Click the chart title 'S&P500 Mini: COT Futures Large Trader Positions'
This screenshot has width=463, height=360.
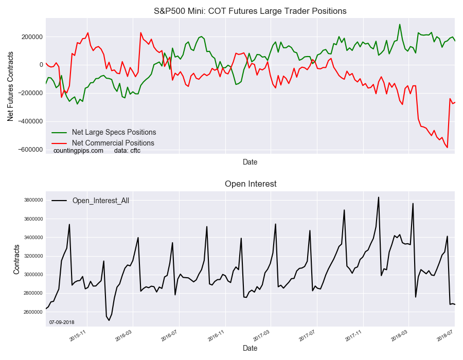point(250,11)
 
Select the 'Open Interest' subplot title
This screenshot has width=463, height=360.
point(250,184)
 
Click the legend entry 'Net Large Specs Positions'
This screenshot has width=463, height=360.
point(114,133)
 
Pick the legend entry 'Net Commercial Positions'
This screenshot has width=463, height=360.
point(113,143)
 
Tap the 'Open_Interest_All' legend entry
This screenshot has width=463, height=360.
point(100,201)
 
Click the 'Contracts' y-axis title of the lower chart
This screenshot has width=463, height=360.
point(16,259)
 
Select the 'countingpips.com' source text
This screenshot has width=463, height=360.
point(78,151)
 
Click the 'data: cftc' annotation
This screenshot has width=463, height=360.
point(127,151)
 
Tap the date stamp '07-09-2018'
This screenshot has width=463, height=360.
point(62,322)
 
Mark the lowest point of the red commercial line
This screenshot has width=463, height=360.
point(447,148)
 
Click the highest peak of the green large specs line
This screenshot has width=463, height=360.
point(400,24)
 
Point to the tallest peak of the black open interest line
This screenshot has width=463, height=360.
point(379,197)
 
